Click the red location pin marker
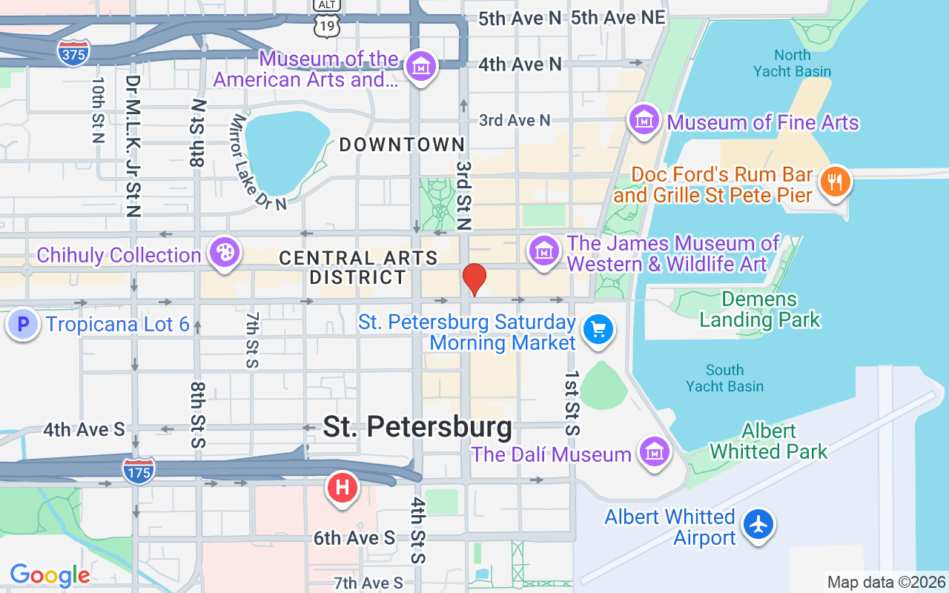click(x=474, y=279)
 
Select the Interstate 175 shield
click(x=139, y=471)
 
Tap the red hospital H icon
click(x=343, y=488)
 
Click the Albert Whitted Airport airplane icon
click(x=758, y=524)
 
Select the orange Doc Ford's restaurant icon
click(x=835, y=182)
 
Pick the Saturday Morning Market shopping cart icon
click(x=598, y=328)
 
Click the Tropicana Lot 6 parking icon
click(x=23, y=324)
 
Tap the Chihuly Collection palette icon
click(x=223, y=253)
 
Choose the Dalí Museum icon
click(x=655, y=451)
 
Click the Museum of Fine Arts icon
click(x=644, y=119)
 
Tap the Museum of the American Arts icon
click(x=421, y=65)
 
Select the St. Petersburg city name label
click(x=417, y=427)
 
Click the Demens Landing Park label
click(x=760, y=310)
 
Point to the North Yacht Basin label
click(x=792, y=63)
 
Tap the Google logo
click(x=50, y=575)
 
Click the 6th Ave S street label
click(x=354, y=538)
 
